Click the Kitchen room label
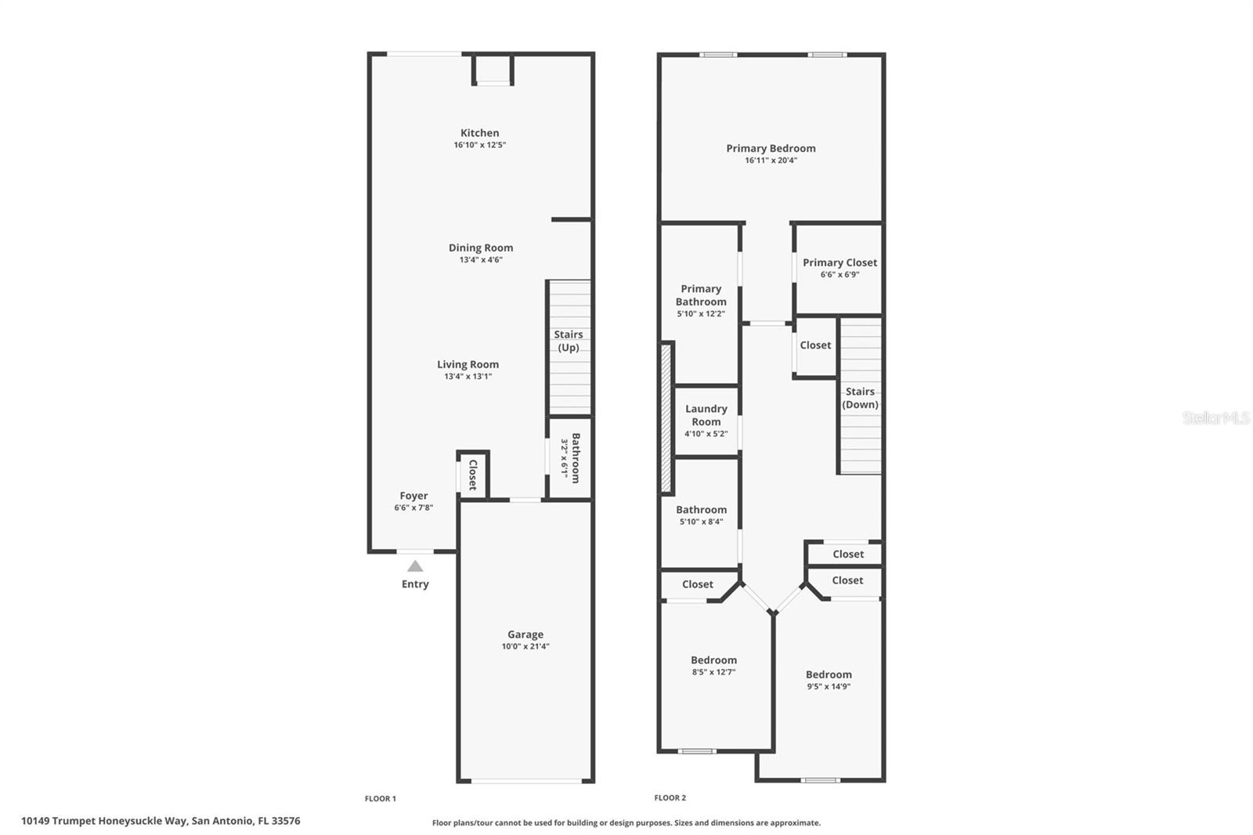coord(479,133)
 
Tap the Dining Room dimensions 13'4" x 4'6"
coord(481,260)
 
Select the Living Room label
coord(468,364)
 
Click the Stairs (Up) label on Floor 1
coord(569,341)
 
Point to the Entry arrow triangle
coord(415,566)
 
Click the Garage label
coord(525,634)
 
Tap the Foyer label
coord(413,496)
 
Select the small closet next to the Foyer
coord(473,475)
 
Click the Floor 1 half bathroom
coord(570,458)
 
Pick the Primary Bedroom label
coord(771,148)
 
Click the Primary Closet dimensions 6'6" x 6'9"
coord(840,275)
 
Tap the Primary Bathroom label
coord(701,295)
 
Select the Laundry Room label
coord(706,415)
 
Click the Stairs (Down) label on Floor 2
coord(860,398)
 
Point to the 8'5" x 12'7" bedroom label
coord(713,660)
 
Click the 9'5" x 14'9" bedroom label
coord(829,674)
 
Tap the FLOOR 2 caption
coord(670,798)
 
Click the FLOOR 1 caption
coord(381,799)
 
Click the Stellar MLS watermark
coord(1215,418)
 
